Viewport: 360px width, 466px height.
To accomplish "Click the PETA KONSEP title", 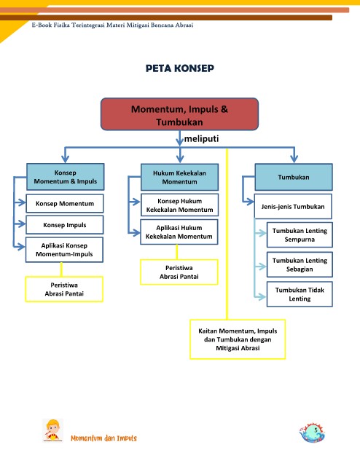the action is point(180,68).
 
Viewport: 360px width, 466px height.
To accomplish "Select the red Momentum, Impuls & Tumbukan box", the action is point(179,114).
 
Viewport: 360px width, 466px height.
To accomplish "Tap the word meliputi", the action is point(201,138).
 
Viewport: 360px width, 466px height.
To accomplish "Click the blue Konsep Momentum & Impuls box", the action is point(66,177).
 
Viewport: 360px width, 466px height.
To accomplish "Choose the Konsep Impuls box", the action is point(65,225).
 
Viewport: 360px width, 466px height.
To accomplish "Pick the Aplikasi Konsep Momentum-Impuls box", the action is point(64,250).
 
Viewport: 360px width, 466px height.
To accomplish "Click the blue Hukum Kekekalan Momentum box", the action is point(179,177).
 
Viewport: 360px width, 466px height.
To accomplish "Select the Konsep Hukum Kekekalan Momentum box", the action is point(179,205).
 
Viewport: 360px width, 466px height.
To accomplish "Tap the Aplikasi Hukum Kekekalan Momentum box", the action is point(179,232).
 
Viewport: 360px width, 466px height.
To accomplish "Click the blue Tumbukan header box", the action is point(294,177).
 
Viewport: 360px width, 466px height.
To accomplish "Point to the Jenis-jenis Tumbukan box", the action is point(293,207).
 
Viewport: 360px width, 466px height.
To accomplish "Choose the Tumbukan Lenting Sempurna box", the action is point(300,234).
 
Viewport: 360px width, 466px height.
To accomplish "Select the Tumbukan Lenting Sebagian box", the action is point(300,264).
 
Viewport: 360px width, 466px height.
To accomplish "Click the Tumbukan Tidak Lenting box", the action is point(300,294).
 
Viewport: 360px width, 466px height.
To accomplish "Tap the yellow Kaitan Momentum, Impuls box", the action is point(238,339).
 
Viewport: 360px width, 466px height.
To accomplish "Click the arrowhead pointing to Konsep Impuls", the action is point(21,224).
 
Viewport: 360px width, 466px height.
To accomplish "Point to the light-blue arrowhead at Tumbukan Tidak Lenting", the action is point(262,296).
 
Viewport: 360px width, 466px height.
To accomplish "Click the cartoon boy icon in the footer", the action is point(52,430).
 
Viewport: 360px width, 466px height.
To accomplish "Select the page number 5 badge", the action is point(312,433).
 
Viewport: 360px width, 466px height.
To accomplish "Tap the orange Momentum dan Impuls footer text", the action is point(103,438).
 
